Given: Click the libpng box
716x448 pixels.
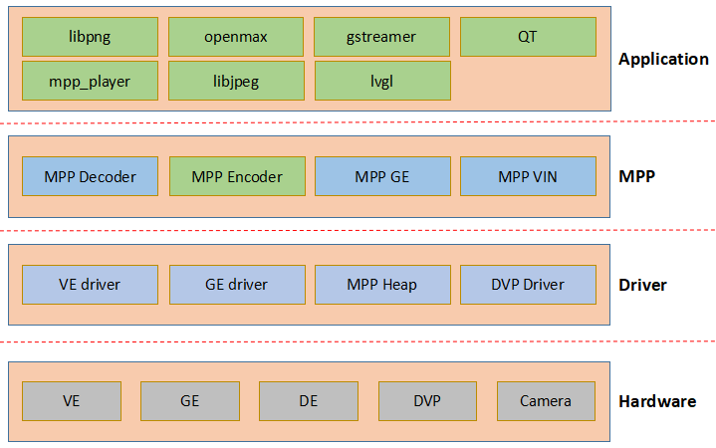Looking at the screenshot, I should pos(90,37).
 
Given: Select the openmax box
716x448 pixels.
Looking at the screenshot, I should pos(236,37).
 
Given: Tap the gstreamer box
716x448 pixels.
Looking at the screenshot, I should pos(382,37).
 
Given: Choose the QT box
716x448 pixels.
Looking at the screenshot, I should pos(528,37).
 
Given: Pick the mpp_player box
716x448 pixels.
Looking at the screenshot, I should pos(90,81).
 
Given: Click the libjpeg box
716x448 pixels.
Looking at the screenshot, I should pos(236,81).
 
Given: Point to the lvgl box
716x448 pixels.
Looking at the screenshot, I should pos(382,81).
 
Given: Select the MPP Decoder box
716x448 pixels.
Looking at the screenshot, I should pos(90,177).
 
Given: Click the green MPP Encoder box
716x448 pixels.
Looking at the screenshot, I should pos(236,177).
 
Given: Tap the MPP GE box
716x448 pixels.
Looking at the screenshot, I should pos(382,177).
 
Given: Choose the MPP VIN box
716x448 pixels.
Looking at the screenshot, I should pos(528,177).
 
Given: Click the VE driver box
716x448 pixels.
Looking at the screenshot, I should pos(90,285).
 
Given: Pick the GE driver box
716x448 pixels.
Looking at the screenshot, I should pos(236,285).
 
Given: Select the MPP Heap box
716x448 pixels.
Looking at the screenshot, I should pos(382,285).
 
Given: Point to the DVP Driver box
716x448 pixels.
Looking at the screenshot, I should pos(528,285).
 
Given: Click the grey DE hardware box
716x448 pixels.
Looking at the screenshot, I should pos(309,401).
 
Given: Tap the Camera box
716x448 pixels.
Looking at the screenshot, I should pos(546,401).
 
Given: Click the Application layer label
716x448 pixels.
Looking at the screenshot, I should pos(663,59).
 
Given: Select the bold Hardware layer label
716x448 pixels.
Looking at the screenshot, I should pos(657,402).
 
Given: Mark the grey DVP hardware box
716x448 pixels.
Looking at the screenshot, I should pos(427,401).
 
